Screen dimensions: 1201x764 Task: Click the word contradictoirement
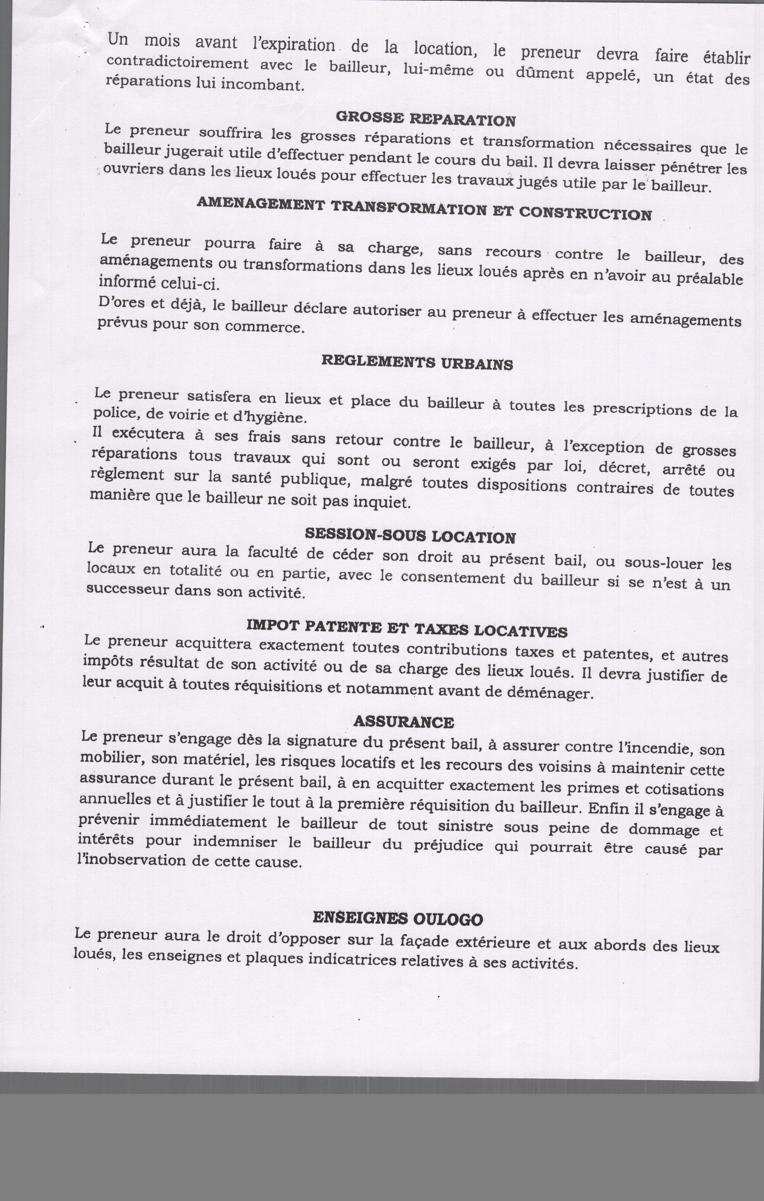tap(177, 63)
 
